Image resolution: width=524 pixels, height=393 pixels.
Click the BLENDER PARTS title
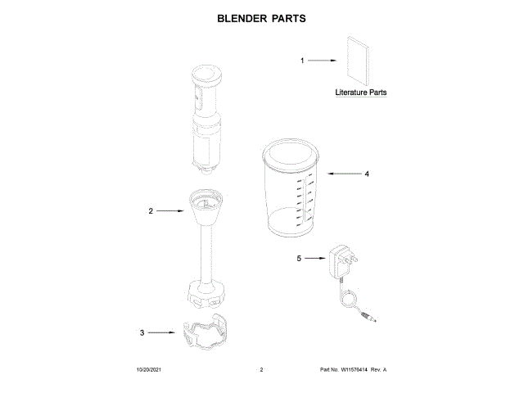point(261,17)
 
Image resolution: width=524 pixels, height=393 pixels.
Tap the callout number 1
point(301,61)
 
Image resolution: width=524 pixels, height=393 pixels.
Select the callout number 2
point(151,211)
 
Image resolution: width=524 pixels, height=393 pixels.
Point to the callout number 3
point(142,332)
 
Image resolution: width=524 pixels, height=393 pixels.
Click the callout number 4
point(367,174)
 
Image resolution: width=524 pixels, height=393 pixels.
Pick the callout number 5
point(299,258)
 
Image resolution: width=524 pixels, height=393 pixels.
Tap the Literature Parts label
point(361,93)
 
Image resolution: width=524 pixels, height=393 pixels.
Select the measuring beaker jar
point(292,192)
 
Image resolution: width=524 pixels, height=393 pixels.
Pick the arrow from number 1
point(323,61)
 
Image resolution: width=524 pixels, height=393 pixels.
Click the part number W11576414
point(353,371)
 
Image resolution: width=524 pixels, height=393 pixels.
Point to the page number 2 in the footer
point(261,371)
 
